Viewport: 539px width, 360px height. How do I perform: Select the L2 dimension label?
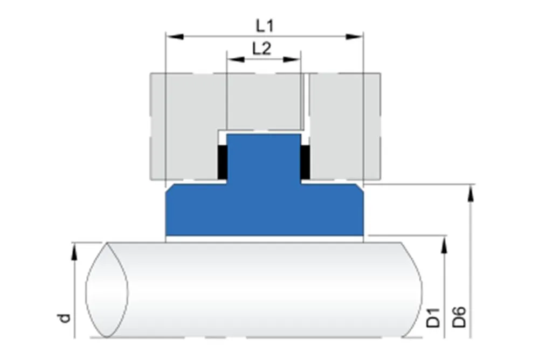(262, 49)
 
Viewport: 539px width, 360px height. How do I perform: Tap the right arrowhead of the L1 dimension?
(354, 36)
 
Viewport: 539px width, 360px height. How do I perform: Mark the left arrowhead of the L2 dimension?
(233, 59)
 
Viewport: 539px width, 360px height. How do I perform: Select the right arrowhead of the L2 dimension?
(294, 59)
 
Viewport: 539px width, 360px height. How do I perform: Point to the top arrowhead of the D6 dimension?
(472, 191)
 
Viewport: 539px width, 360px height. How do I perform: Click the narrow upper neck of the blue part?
(264, 156)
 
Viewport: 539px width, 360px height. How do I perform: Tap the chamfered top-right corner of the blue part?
(358, 188)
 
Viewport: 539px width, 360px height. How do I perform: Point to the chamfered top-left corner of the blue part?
(170, 188)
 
